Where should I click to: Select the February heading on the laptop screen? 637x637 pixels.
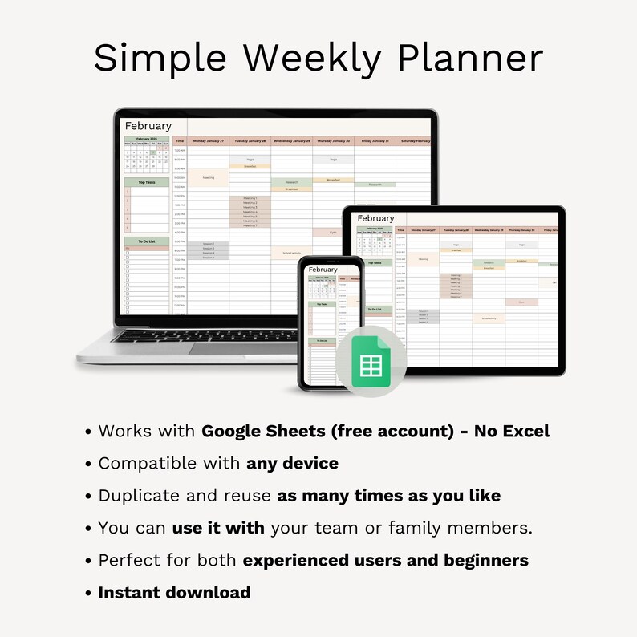point(148,126)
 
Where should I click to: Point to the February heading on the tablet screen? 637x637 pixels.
point(375,218)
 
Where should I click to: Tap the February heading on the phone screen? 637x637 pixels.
point(323,270)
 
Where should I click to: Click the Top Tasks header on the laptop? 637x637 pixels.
point(147,182)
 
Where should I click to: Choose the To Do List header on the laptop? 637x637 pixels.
point(147,241)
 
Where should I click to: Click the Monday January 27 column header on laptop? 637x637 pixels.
point(209,140)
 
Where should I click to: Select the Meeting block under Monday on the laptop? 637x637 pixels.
point(209,177)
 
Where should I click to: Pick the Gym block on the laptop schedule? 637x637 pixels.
point(333,232)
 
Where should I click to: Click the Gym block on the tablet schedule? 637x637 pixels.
point(521,302)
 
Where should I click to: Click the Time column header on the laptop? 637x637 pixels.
point(180,140)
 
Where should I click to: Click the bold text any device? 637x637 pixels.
point(292,463)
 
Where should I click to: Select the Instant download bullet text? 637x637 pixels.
point(174,593)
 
